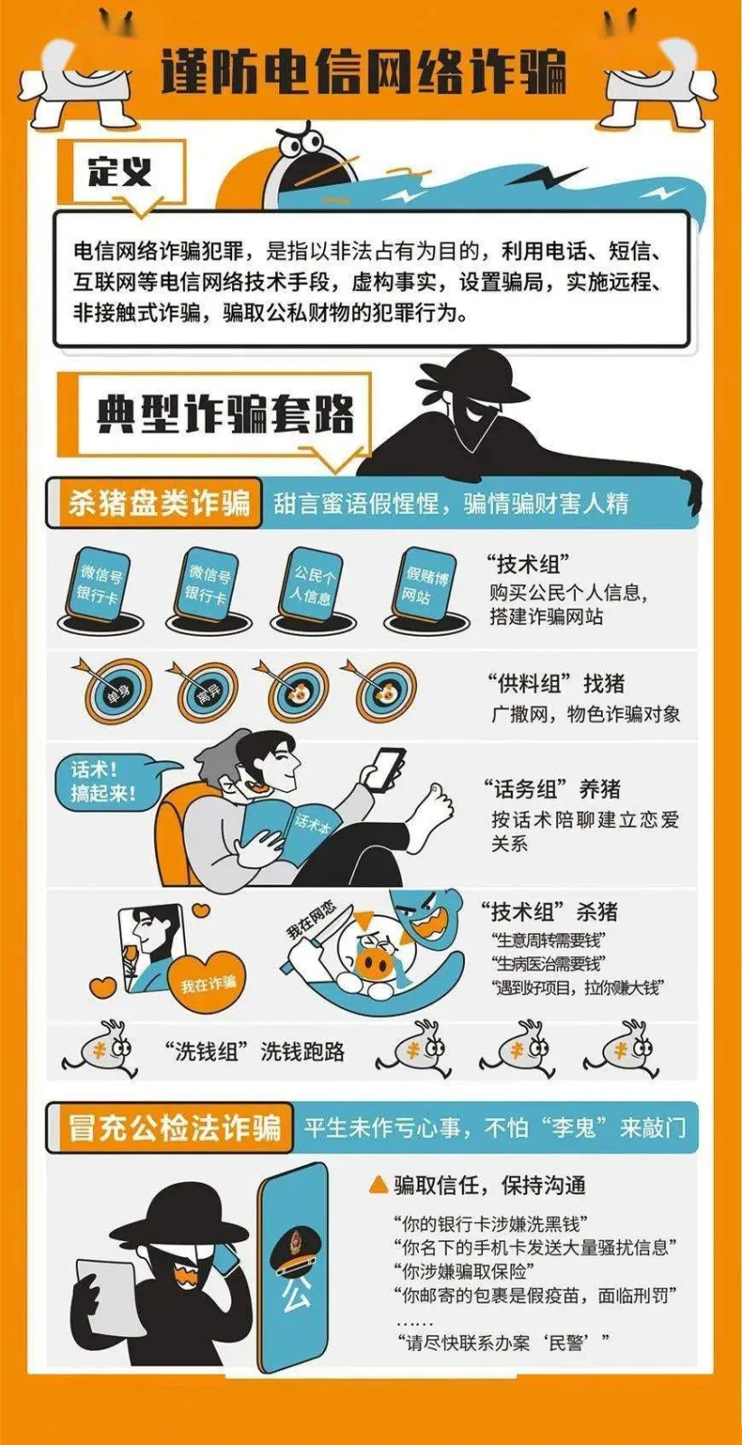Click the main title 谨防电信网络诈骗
coord(364,71)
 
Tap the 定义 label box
coord(120,171)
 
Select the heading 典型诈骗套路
coord(225,415)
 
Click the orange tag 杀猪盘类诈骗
coord(159,503)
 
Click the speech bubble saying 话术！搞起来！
coord(105,782)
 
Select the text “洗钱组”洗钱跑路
coord(255,1051)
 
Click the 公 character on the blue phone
coord(295,1295)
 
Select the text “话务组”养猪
coord(552,789)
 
